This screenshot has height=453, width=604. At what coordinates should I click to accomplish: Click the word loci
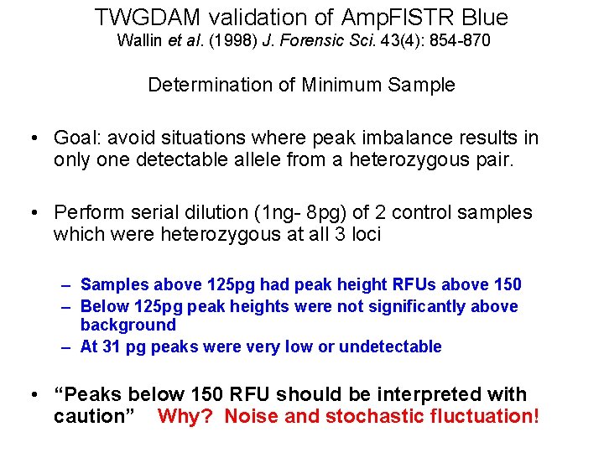point(363,234)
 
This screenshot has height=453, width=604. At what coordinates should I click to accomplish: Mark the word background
point(128,325)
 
